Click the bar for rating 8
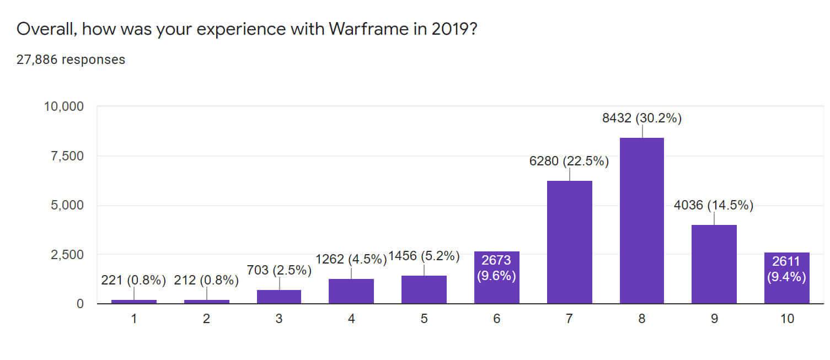(x=642, y=221)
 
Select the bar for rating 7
(x=569, y=242)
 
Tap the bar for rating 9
(x=714, y=264)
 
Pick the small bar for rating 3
(x=279, y=297)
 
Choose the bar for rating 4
(x=351, y=291)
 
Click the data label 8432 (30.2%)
(x=642, y=118)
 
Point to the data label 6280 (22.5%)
(x=569, y=162)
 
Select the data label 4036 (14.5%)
(x=714, y=206)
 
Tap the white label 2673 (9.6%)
(x=496, y=268)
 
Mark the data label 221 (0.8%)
(x=133, y=280)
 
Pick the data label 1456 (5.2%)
(x=424, y=256)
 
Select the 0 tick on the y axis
(x=80, y=304)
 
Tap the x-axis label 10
(x=787, y=319)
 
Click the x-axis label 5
(x=424, y=319)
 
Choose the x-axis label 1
(x=133, y=319)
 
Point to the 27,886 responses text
(x=71, y=60)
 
